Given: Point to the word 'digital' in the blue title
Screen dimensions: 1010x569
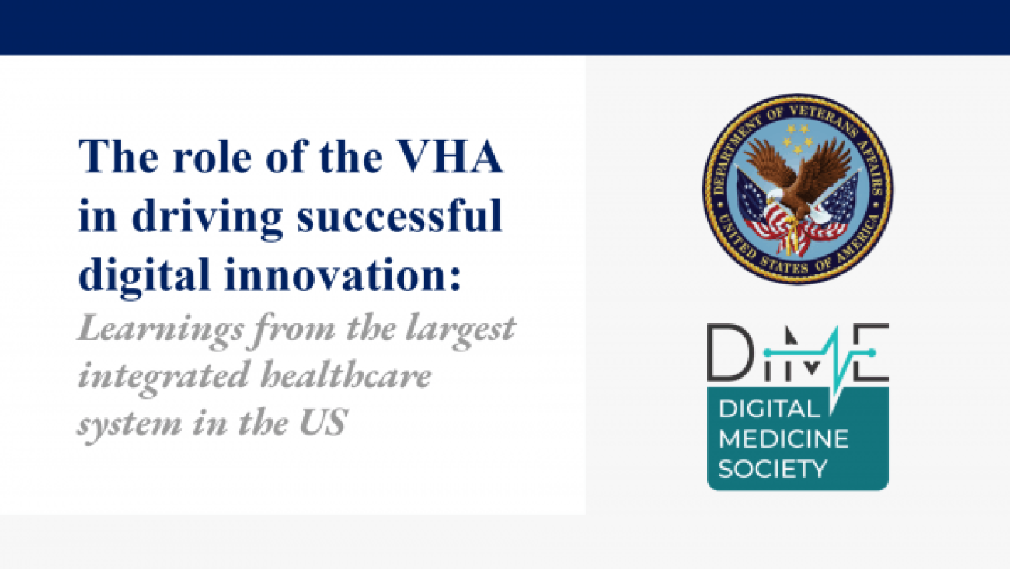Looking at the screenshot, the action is click(145, 276).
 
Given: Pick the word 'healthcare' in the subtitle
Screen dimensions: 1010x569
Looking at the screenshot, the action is click(347, 375).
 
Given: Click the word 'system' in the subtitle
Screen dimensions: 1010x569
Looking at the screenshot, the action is click(130, 424).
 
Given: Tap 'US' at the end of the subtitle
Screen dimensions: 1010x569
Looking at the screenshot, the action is click(324, 421).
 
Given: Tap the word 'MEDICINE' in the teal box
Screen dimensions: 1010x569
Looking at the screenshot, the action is click(784, 439).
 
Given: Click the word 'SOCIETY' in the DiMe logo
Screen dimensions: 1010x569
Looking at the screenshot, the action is click(772, 469).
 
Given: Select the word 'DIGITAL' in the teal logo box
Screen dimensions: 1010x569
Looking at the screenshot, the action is click(769, 410).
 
